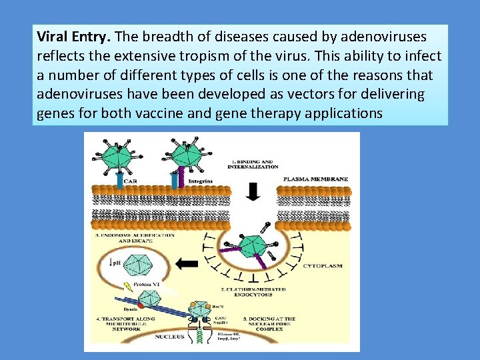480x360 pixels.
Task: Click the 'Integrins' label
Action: (201, 180)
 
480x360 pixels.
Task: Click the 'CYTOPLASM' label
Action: (323, 265)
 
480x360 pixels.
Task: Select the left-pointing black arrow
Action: (188, 263)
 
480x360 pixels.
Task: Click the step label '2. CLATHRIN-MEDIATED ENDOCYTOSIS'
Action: (254, 293)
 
